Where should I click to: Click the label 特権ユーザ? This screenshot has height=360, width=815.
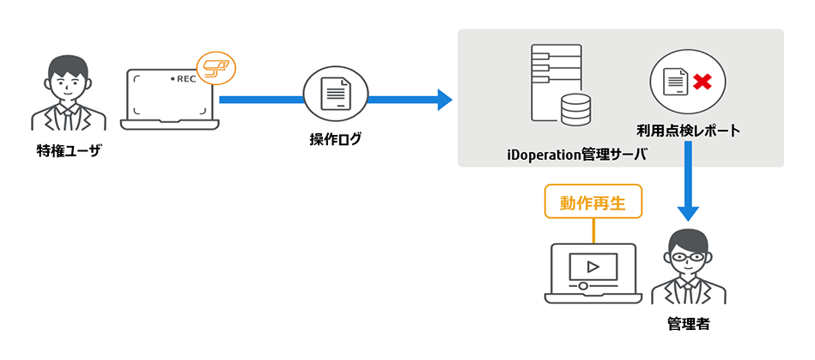click(69, 151)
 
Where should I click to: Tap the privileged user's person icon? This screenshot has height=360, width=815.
click(69, 95)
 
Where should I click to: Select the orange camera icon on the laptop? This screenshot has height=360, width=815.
click(215, 66)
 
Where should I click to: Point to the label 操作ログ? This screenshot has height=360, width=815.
click(336, 137)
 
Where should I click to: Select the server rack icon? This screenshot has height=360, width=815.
click(550, 82)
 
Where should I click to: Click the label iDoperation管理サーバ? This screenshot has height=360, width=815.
click(576, 155)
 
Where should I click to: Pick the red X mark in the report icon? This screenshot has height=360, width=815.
click(702, 82)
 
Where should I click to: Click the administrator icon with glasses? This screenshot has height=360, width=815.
click(688, 268)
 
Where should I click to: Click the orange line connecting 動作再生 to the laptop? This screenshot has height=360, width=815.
click(593, 231)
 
